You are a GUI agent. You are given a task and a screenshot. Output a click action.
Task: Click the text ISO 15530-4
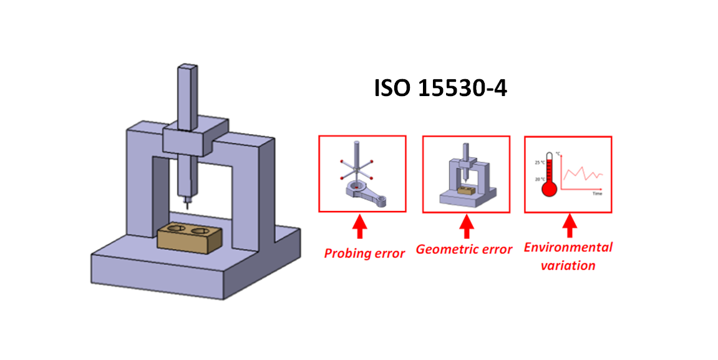coord(440,89)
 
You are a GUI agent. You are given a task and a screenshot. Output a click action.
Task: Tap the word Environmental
coord(568,247)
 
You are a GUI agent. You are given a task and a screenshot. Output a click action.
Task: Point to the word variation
coord(568,265)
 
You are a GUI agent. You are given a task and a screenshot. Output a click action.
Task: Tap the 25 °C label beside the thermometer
coord(538,163)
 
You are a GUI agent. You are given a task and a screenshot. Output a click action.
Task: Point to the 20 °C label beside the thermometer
coord(538,179)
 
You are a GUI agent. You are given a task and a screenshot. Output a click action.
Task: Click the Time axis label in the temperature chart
coord(597,194)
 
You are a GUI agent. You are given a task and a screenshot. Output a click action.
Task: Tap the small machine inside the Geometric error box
coord(465,177)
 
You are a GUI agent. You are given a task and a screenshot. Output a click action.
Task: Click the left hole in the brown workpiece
coord(175,230)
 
